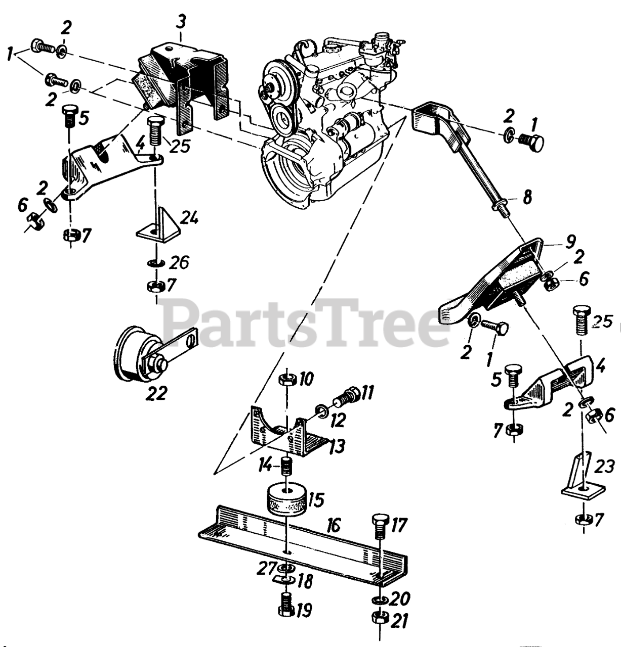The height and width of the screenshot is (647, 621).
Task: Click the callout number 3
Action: point(181,22)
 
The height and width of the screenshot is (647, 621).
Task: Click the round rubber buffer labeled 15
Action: point(286,499)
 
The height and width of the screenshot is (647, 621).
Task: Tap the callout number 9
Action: point(570,243)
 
